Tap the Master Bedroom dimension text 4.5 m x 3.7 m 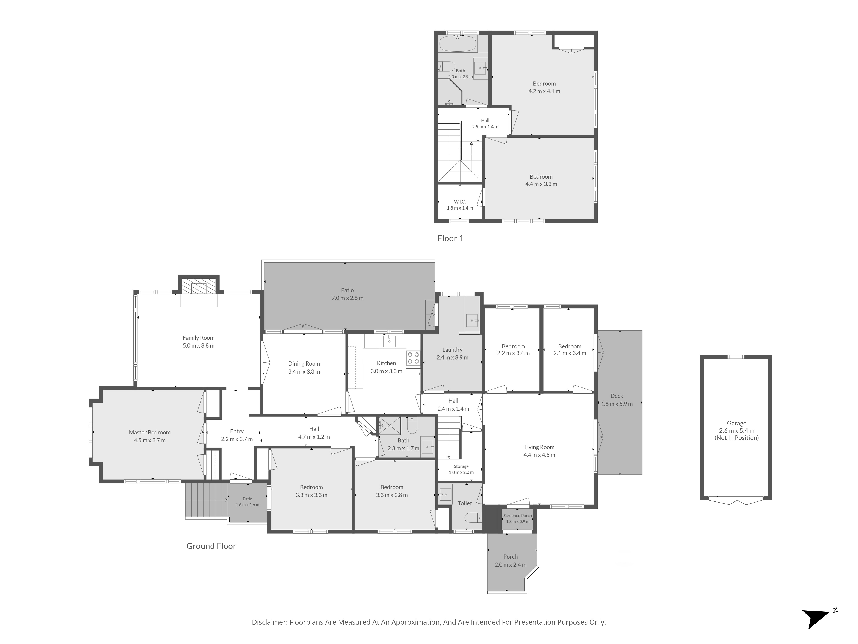(150, 440)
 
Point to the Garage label (737, 424)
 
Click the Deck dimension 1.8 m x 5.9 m (617, 404)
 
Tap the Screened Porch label (517, 515)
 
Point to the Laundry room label (452, 349)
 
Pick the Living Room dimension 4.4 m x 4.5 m (539, 455)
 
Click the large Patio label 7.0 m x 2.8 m (347, 294)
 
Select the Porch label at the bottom (511, 557)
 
